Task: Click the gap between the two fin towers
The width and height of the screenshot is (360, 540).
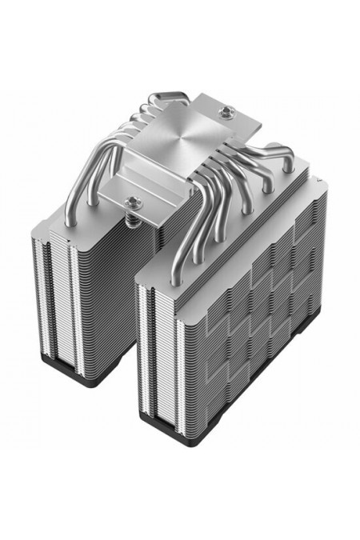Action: [x=124, y=320]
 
